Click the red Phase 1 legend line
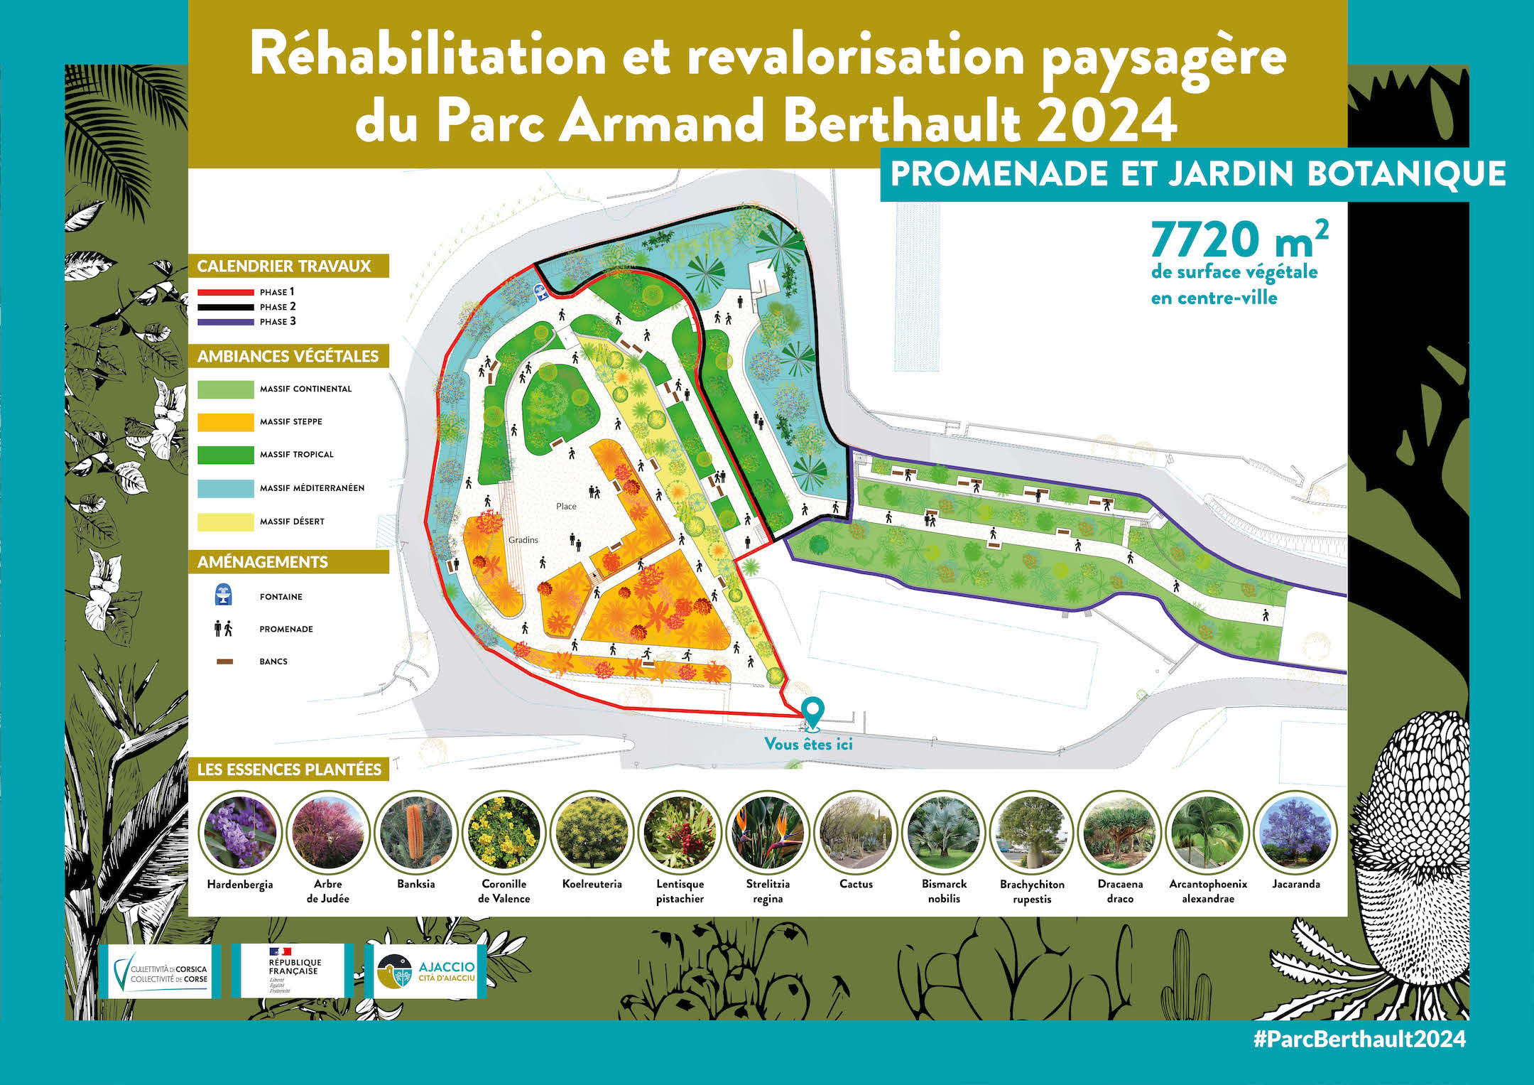pos(225,292)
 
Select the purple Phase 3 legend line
pos(225,322)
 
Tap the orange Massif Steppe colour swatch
pos(225,422)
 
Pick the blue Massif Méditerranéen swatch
pos(225,488)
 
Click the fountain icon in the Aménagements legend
pos(223,595)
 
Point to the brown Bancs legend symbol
pos(224,662)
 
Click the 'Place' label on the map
pos(566,506)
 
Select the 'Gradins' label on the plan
pos(523,540)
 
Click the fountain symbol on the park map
pos(541,293)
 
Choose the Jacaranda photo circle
pos(1296,833)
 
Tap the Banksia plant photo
pos(416,833)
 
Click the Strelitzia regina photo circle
pos(768,833)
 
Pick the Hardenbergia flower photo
pos(240,833)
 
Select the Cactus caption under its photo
pos(856,884)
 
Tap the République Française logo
pos(293,970)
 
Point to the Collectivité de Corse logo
pos(161,971)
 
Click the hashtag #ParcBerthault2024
pos(1359,1039)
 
